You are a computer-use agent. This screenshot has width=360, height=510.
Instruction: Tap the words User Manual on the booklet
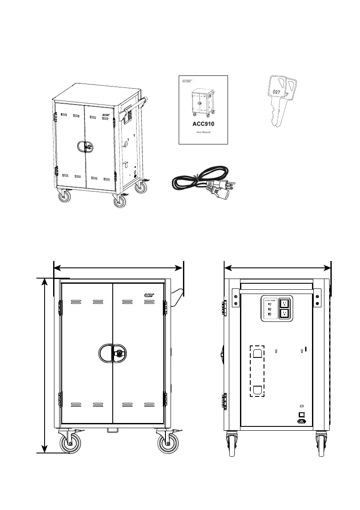(203, 132)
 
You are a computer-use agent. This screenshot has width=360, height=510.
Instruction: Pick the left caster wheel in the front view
(71, 444)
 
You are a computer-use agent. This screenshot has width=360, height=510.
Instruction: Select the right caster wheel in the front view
(168, 444)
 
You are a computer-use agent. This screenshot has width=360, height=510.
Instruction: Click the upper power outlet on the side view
(283, 303)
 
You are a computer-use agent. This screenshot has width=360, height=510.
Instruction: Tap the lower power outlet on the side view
(283, 314)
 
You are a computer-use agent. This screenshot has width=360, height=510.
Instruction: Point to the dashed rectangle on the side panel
(258, 371)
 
